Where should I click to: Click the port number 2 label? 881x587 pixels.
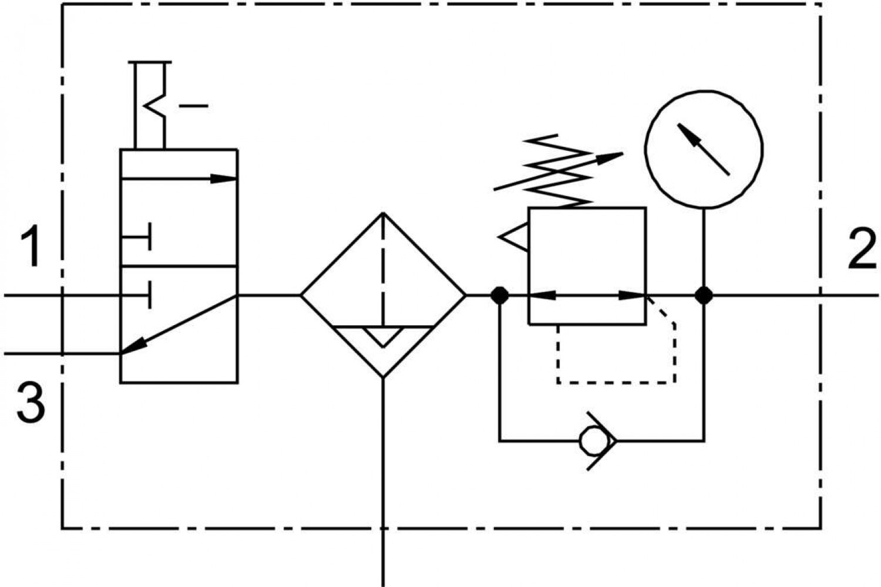862,249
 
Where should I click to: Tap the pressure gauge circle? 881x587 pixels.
704,150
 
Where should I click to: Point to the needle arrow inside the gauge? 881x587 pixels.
703,150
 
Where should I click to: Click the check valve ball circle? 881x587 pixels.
592,441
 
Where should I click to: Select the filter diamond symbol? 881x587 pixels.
384,295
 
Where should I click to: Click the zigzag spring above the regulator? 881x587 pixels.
559,171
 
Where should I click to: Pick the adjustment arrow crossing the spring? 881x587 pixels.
559,171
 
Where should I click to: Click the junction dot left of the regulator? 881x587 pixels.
499,295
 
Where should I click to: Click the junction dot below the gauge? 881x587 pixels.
704,295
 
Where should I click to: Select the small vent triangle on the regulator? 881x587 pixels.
513,237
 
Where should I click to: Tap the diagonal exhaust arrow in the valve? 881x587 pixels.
179,325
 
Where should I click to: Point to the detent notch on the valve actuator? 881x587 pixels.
154,106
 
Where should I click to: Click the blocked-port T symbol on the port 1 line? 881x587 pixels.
136,295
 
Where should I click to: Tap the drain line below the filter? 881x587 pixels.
383,482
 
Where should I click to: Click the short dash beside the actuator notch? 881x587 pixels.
193,106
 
